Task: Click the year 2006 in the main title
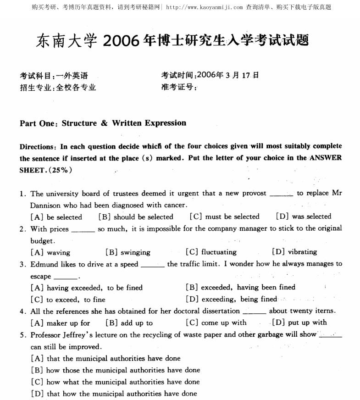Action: click(121, 41)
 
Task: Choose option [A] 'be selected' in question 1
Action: click(56, 217)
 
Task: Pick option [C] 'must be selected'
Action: click(224, 217)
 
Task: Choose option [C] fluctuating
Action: click(211, 252)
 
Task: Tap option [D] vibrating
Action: click(294, 252)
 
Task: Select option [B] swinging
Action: click(128, 252)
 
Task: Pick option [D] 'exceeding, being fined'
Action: click(232, 300)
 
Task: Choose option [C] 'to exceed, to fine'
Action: click(68, 300)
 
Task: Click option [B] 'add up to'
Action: click(129, 323)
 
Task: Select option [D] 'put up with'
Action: click(299, 322)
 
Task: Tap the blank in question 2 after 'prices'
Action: click(83, 229)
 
